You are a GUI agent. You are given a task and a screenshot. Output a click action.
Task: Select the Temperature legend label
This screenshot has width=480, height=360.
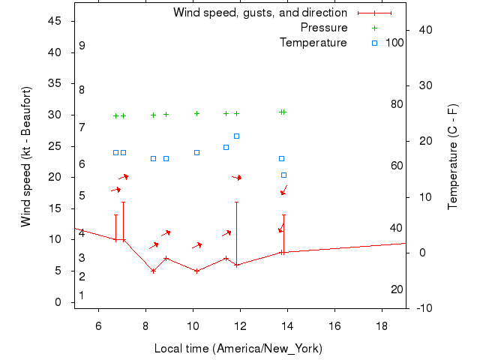point(313,43)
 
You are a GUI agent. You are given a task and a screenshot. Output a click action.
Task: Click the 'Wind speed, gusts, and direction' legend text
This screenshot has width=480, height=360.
point(259,13)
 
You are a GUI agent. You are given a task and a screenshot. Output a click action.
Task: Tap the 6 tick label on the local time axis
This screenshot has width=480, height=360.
point(98,325)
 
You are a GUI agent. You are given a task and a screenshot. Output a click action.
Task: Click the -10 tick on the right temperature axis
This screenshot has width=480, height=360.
point(423,308)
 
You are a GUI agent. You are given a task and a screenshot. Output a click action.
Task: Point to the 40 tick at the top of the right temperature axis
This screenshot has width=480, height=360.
point(423,30)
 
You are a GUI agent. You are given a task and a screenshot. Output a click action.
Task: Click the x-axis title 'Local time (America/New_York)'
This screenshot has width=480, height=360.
point(238,349)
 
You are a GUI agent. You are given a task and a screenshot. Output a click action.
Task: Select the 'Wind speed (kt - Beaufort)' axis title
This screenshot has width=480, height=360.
point(26,157)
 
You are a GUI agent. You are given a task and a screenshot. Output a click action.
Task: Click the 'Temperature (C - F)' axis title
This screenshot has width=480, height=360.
point(452,157)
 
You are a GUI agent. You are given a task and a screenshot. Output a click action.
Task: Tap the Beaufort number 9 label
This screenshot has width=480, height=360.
point(82,46)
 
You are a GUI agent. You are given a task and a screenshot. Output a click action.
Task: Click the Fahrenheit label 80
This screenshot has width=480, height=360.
point(397,104)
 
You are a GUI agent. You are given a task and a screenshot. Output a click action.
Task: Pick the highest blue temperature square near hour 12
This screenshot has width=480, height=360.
point(236,136)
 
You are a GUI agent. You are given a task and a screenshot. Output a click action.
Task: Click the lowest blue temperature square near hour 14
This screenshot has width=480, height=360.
point(283,175)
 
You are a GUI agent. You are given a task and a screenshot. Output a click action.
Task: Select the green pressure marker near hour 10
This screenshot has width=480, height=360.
point(196,114)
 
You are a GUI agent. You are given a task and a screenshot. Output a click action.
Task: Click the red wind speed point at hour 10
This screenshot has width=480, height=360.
point(196,271)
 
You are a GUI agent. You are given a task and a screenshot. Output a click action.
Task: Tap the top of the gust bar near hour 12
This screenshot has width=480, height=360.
point(236,202)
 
